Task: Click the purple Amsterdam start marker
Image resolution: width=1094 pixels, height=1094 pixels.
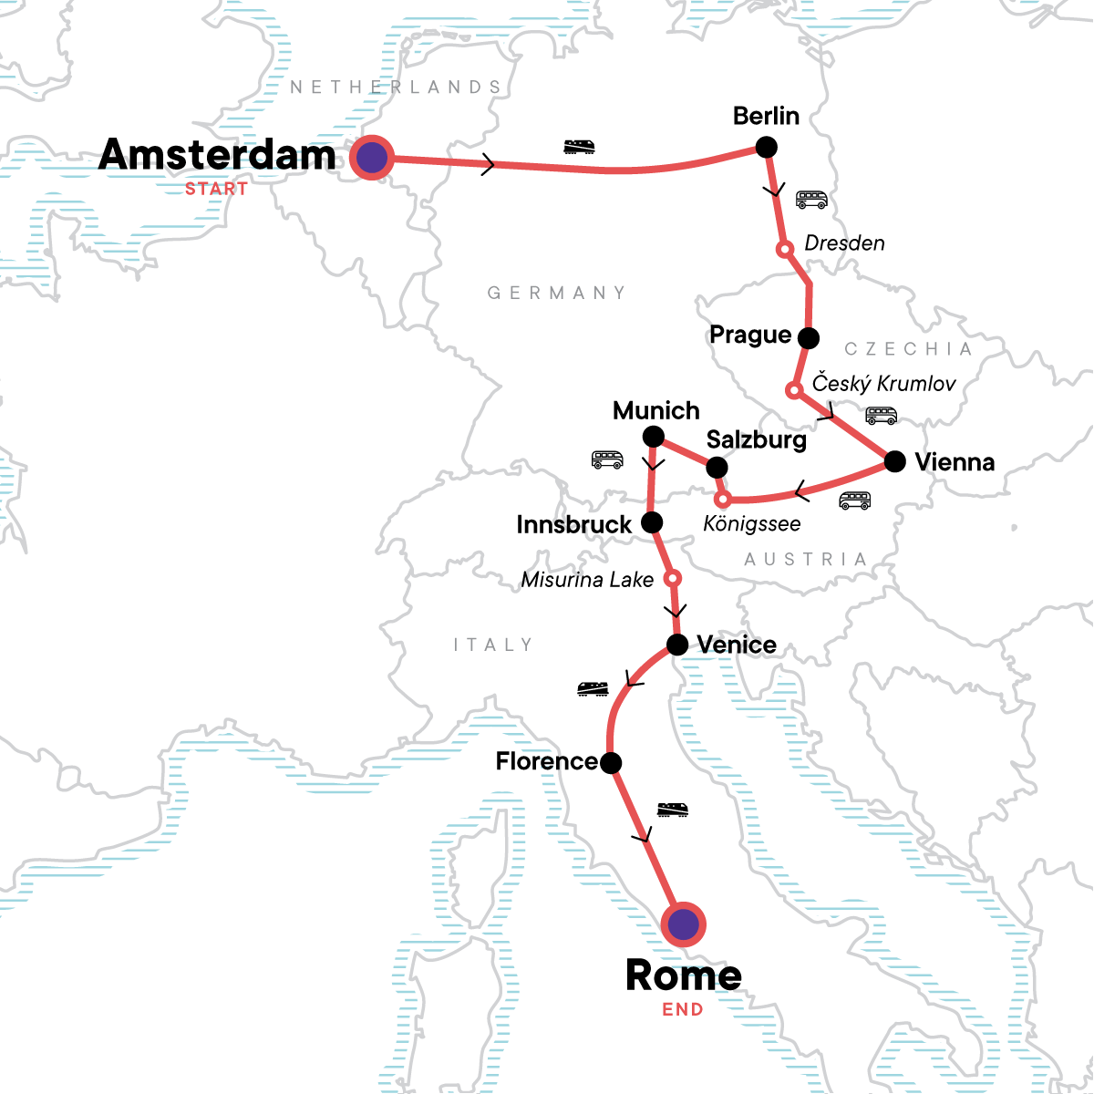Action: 371,158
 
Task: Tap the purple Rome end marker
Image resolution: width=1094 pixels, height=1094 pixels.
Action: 683,925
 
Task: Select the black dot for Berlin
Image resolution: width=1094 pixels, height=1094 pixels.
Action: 767,147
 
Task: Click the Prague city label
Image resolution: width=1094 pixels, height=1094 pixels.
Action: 750,335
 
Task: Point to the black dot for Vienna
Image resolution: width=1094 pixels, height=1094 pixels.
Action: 895,461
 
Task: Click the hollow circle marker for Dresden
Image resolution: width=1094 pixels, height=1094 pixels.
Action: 783,249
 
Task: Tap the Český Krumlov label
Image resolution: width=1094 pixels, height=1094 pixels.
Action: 883,383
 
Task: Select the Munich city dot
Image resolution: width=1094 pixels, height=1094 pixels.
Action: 654,438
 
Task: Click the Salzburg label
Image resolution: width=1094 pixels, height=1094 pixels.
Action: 757,439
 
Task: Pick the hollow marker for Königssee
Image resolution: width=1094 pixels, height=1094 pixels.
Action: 722,500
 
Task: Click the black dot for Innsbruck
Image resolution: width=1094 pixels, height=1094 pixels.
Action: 652,522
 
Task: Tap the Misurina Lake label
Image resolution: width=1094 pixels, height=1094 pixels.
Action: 587,580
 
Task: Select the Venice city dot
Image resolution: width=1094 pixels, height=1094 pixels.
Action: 677,645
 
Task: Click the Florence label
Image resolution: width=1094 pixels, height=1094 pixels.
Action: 546,761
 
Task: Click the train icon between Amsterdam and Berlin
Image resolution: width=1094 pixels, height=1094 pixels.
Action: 580,146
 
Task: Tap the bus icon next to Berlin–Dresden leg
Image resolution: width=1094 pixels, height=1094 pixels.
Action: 811,200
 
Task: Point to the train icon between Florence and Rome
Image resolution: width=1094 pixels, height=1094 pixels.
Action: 673,809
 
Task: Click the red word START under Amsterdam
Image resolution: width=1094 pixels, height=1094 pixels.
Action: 216,190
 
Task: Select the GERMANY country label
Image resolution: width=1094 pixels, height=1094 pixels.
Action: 557,293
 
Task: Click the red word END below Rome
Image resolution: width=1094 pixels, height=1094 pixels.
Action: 683,1010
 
